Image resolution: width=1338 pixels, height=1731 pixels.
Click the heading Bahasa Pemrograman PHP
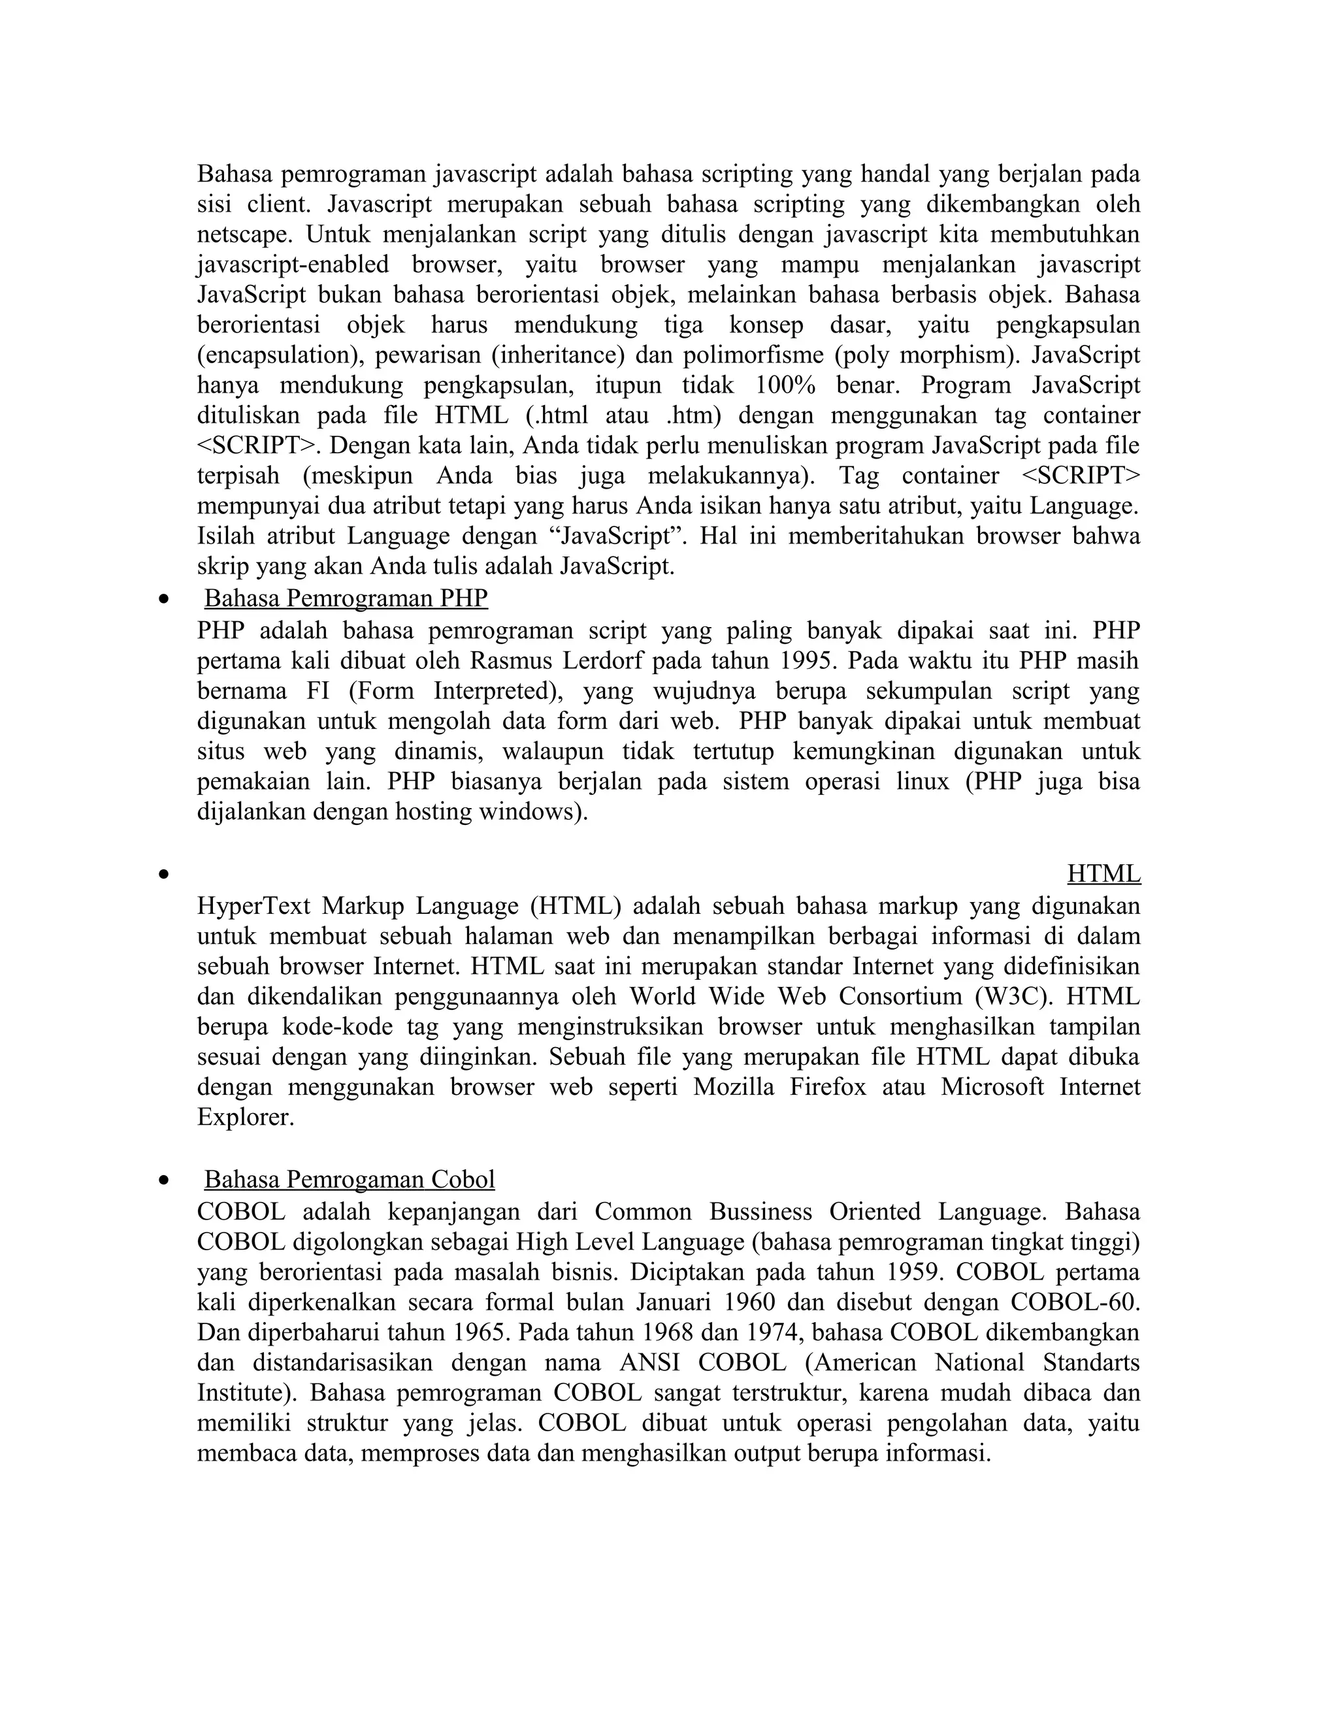tap(346, 598)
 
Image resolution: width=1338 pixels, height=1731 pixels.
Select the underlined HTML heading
tap(1103, 873)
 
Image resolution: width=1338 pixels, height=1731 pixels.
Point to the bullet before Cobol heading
tap(164, 1182)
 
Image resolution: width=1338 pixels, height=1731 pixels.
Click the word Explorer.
tap(246, 1117)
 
